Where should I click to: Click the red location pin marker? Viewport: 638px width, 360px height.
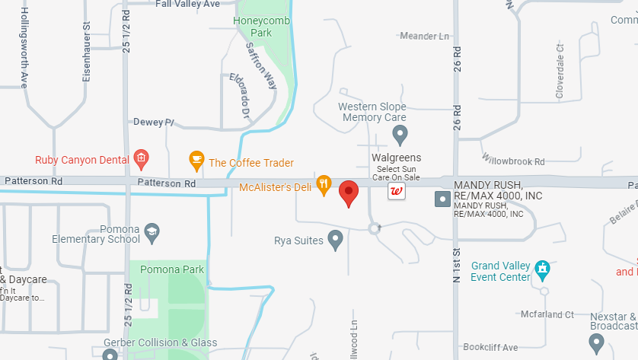[349, 193]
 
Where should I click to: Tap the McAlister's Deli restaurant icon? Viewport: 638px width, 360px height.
[324, 183]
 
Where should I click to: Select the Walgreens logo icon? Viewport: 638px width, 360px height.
[397, 190]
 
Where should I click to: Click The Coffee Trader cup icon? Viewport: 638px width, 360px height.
[196, 160]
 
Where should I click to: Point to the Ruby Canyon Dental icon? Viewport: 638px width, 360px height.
[140, 159]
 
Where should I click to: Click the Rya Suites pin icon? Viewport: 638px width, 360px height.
[336, 241]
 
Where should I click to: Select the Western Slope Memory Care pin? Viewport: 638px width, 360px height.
[400, 135]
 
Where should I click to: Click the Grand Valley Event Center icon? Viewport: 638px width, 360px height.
[542, 268]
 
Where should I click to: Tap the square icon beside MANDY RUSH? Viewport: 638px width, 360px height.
[442, 199]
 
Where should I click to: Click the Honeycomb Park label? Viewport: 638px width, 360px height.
[262, 27]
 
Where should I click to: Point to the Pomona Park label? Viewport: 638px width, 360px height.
[172, 269]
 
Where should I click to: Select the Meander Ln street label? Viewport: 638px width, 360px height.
[425, 36]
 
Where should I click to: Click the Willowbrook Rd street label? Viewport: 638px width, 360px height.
[514, 161]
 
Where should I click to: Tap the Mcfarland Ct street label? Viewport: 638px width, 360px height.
[547, 314]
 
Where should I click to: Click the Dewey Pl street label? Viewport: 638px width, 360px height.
[154, 122]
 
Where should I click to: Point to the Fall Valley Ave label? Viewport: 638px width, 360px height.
[187, 4]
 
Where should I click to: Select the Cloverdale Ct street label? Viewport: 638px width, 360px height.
[560, 71]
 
